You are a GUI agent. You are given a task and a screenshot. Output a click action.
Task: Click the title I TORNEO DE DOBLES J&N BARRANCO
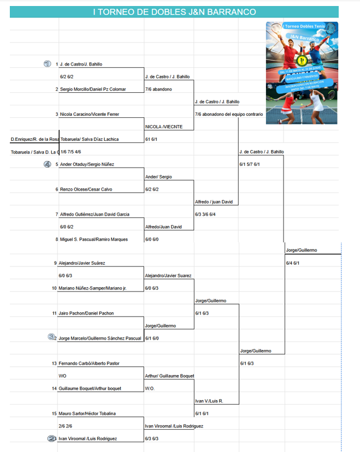point(174,12)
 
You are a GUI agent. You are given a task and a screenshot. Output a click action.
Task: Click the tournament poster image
point(302,73)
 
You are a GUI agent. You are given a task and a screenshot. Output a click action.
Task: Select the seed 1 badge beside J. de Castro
point(48,64)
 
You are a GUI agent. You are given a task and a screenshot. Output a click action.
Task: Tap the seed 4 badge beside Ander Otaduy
point(48,164)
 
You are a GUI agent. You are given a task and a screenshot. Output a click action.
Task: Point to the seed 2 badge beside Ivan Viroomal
point(52,438)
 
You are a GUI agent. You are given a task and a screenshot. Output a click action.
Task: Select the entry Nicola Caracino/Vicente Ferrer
point(90,114)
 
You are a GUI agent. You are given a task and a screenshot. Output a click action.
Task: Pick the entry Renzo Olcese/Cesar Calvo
point(86,189)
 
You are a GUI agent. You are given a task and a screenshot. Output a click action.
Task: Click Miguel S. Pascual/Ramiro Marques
point(93,239)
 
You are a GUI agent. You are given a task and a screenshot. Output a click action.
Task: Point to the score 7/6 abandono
point(159,89)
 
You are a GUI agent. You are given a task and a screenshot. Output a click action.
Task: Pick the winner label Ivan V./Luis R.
point(209,401)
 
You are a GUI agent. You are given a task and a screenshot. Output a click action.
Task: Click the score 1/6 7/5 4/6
point(71,152)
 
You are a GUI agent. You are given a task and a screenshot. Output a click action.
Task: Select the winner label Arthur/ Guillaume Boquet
point(169,376)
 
